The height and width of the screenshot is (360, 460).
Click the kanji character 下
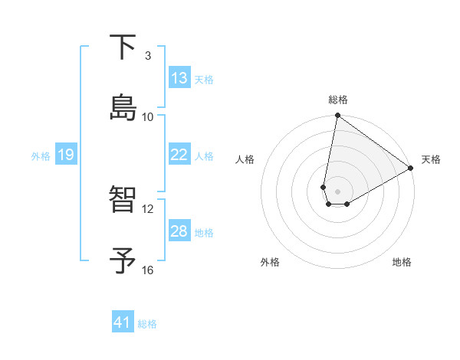point(124,47)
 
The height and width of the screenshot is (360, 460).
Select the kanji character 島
point(124,106)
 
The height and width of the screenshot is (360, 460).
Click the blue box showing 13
point(179,78)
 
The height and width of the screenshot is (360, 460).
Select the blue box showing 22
point(179,155)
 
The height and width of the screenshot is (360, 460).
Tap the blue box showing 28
point(179,231)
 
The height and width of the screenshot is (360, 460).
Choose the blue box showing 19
point(65,155)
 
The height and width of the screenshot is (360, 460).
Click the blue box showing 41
point(123,322)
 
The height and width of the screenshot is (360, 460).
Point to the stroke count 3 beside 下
point(148,56)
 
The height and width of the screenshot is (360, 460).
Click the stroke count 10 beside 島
point(148,116)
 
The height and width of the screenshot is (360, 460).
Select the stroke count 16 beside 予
point(148,270)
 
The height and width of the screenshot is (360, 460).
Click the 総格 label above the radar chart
point(338,100)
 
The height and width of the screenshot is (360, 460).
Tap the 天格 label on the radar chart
point(431,159)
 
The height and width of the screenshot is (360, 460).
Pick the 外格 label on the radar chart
point(270,262)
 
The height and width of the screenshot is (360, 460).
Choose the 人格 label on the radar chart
point(245,159)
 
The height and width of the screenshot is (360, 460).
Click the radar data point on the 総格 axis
point(337,116)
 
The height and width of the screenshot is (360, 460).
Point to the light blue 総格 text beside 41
point(147,324)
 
